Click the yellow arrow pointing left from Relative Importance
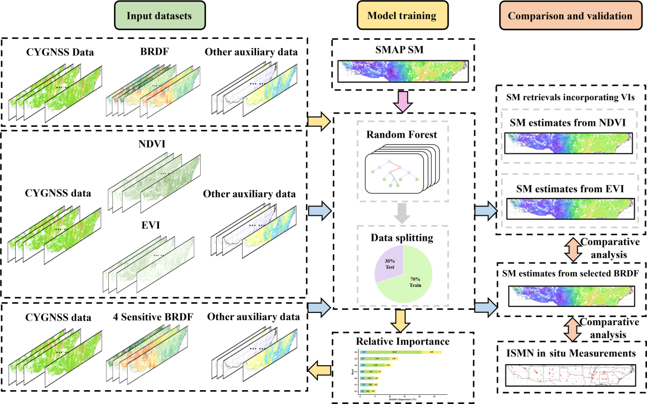(319, 370)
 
